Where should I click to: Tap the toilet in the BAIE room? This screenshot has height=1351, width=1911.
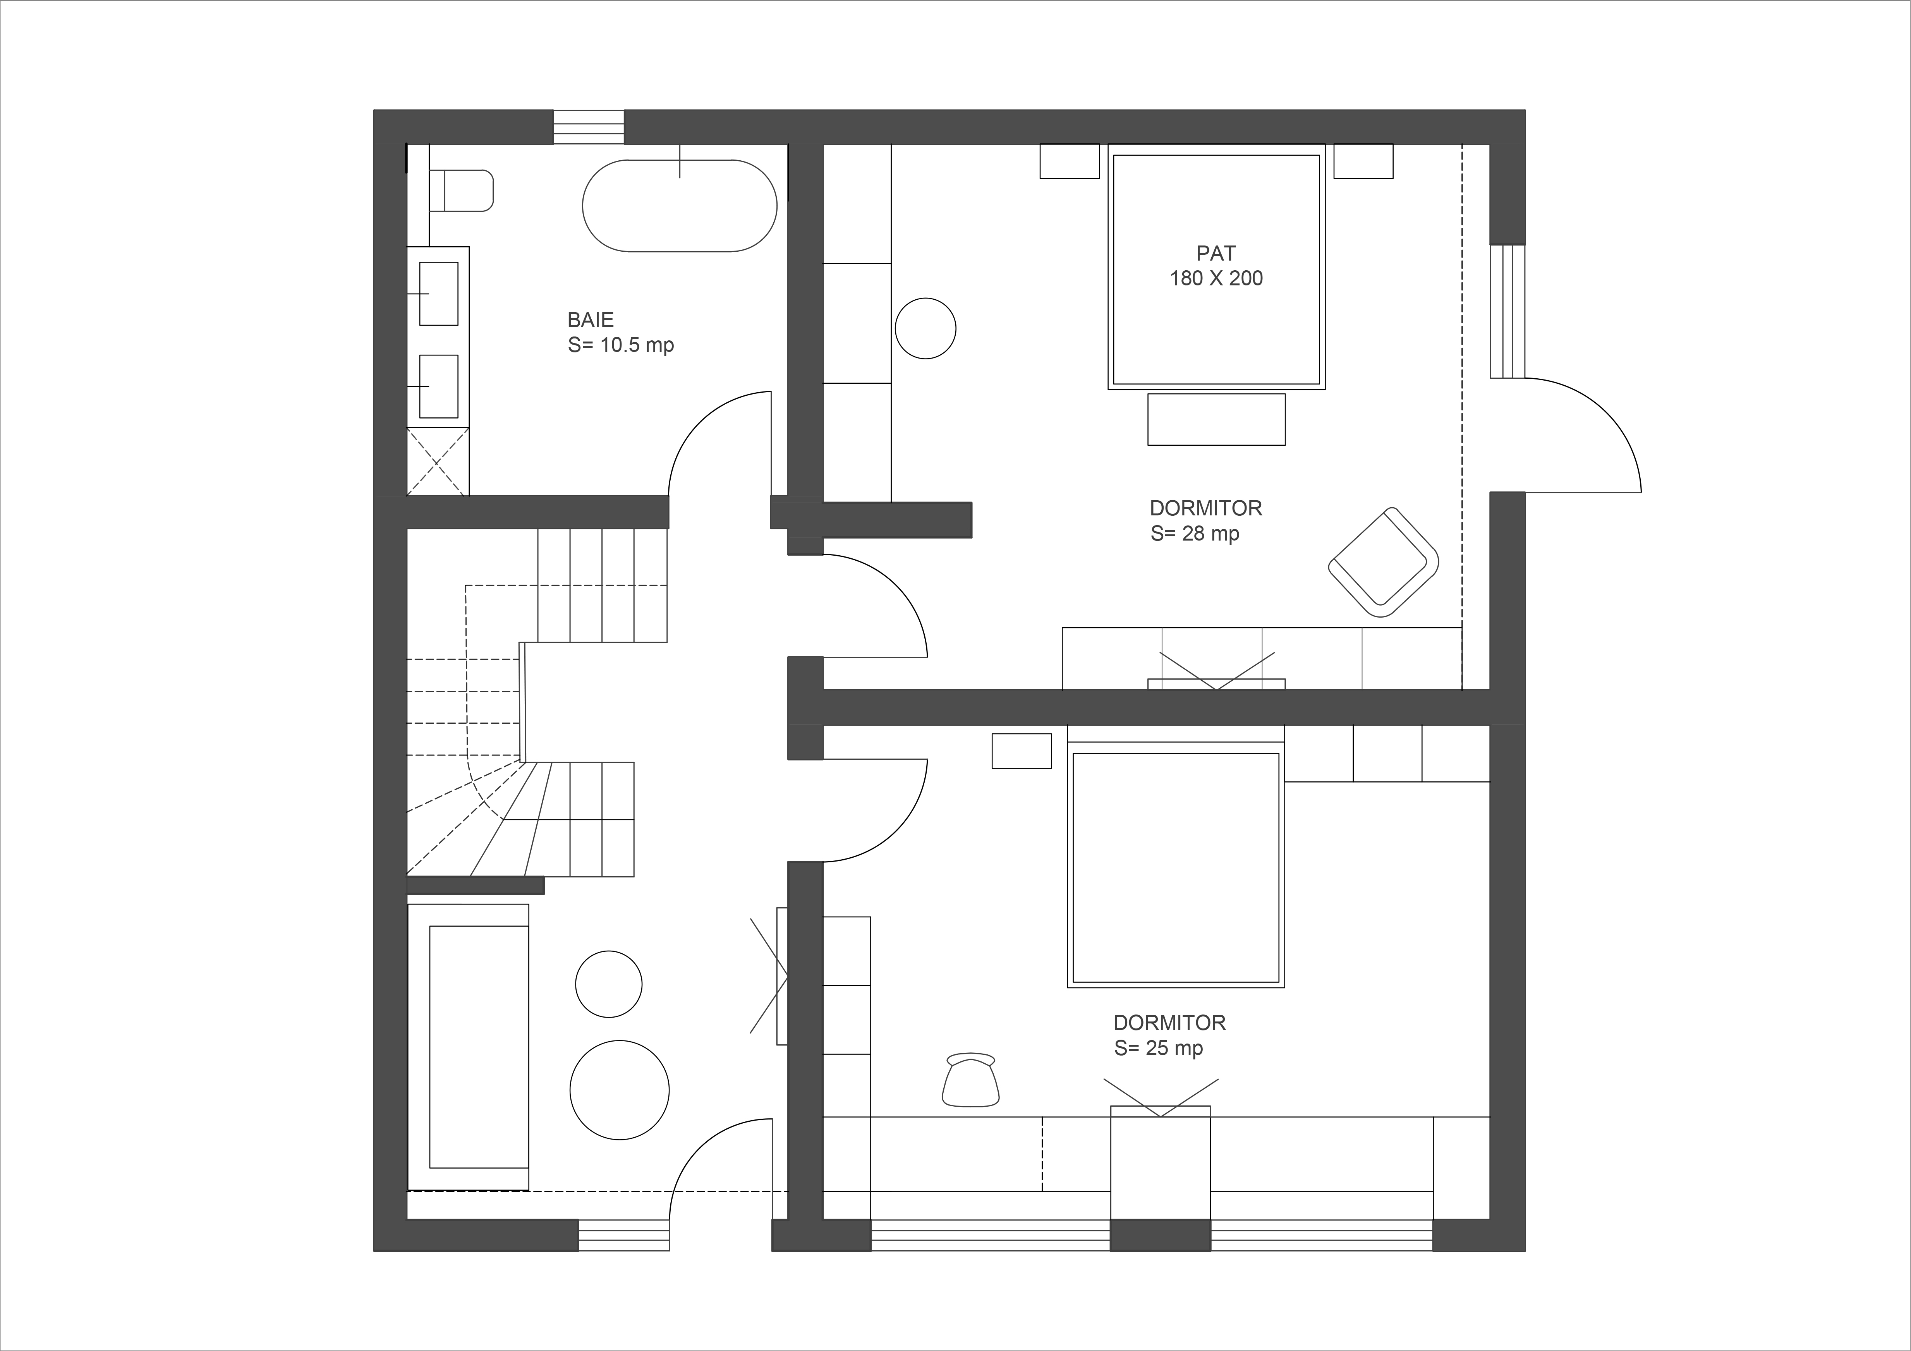click(462, 191)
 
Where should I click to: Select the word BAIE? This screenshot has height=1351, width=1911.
click(590, 319)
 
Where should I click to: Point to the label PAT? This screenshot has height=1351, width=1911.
click(1216, 253)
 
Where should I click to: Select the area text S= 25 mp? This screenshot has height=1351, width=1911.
click(1159, 1048)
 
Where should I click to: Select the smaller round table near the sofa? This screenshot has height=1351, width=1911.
click(608, 984)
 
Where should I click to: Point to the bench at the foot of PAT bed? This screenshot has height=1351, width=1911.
click(1216, 419)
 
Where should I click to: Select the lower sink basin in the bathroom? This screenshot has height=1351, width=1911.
click(438, 386)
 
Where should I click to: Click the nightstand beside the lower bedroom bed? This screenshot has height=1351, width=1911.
click(1021, 751)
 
